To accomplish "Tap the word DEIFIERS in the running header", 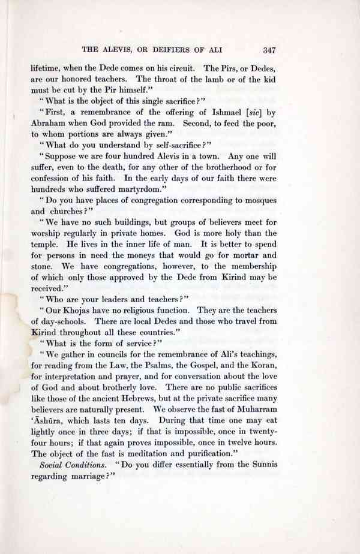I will pos(176,50).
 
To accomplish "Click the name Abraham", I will pos(48,124).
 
